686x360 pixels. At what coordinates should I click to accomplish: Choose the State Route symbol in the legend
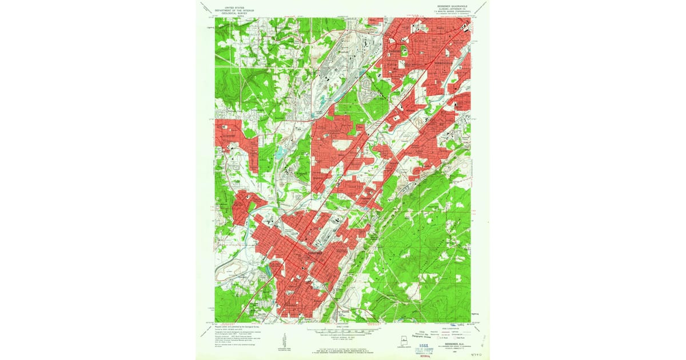[x=457, y=339]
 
